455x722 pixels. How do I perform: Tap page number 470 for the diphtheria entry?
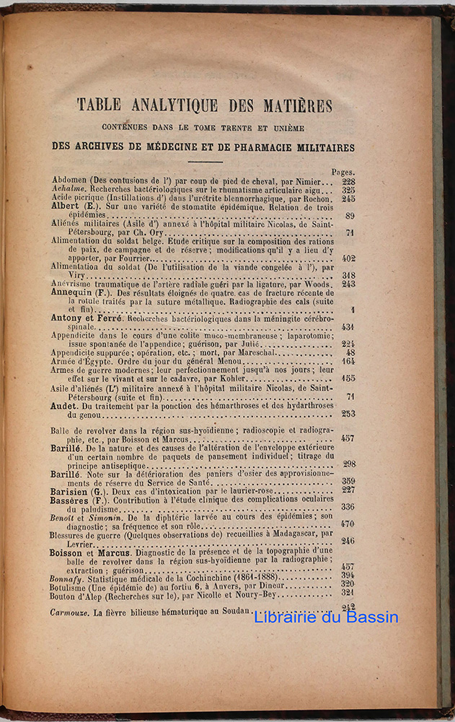click(x=347, y=525)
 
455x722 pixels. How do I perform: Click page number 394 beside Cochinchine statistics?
click(x=347, y=575)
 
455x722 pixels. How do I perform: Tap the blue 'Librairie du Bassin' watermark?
click(x=326, y=617)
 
